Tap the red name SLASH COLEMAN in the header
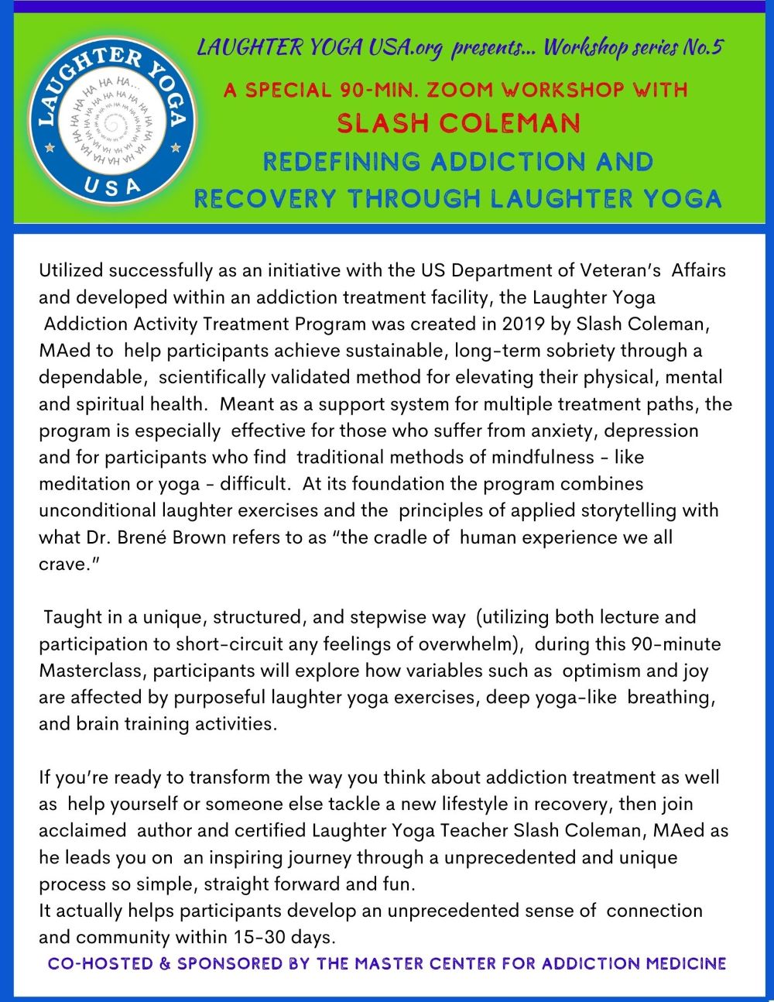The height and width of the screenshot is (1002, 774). coord(458,123)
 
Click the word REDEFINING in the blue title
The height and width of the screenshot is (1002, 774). coord(341,162)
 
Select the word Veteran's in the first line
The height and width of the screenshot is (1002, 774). coord(616,271)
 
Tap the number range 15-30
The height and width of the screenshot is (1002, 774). coord(259,937)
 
